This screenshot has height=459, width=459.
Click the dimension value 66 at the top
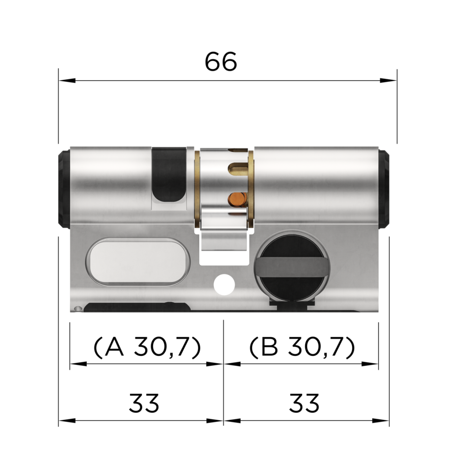(x=221, y=62)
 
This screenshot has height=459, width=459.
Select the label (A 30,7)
(x=147, y=347)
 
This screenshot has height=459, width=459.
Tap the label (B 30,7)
(x=302, y=347)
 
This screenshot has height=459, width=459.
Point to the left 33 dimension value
(x=144, y=403)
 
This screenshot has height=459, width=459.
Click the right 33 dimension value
(x=304, y=403)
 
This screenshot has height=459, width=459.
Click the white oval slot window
(x=138, y=263)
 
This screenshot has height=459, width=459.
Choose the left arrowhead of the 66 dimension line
(x=66, y=80)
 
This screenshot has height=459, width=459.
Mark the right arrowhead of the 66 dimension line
(x=389, y=80)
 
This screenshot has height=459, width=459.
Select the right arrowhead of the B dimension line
(x=370, y=364)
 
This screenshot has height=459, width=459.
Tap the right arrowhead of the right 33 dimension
(x=381, y=421)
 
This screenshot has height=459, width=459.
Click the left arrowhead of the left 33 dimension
(x=66, y=421)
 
